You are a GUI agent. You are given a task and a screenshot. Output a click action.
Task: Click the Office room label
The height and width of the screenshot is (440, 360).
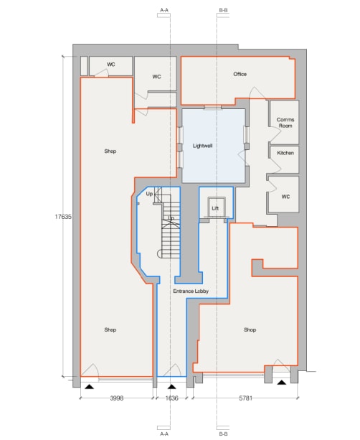pyautogui.click(x=240, y=74)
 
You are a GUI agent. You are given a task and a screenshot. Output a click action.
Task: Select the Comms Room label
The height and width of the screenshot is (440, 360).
pyautogui.click(x=285, y=123)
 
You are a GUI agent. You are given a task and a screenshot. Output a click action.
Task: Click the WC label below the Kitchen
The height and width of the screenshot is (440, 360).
pyautogui.click(x=285, y=197)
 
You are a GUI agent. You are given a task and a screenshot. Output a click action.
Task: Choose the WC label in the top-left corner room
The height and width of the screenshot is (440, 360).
pyautogui.click(x=111, y=65)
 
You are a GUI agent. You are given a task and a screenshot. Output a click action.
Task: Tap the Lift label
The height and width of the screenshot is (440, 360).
pyautogui.click(x=214, y=208)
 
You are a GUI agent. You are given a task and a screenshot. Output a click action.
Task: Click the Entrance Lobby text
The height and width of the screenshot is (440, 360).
pyautogui.click(x=190, y=292)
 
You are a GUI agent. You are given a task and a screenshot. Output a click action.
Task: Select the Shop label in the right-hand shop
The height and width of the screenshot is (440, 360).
pyautogui.click(x=250, y=330)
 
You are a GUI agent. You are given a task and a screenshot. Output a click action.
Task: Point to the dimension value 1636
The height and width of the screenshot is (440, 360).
pyautogui.click(x=171, y=396)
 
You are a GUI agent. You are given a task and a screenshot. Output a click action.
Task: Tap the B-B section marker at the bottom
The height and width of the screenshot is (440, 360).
pyautogui.click(x=223, y=434)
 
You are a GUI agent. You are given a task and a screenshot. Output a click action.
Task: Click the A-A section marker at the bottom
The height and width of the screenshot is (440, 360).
pyautogui.click(x=164, y=434)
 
